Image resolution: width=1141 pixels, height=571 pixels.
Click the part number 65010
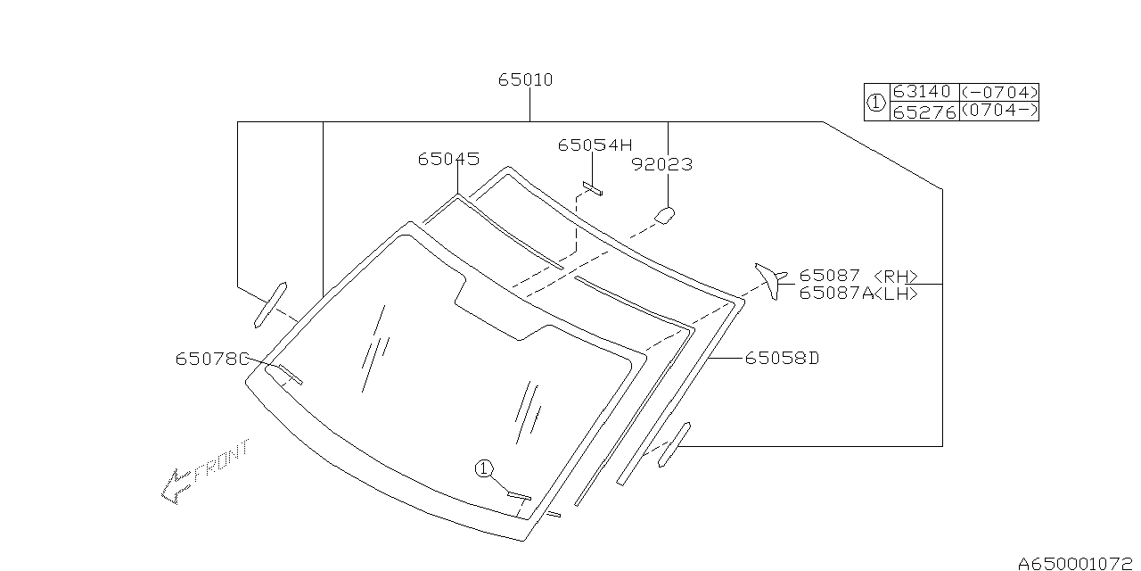pos(525,80)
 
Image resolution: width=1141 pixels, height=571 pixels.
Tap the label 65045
pos(448,160)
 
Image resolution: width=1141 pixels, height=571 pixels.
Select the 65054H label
pos(595,145)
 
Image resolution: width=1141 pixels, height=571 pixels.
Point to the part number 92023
pos(662,165)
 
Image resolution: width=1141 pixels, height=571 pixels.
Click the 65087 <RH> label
pos(858,276)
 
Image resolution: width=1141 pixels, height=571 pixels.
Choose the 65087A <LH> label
pos(858,294)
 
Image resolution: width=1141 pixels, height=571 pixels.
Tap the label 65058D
pos(783,359)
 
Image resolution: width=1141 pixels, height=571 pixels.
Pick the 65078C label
pos(212,360)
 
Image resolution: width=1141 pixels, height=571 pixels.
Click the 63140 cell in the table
pos(923,92)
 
